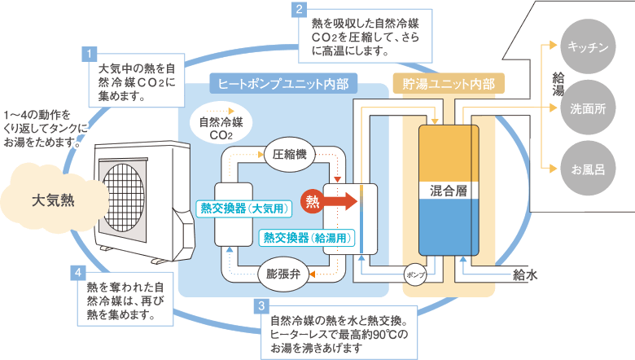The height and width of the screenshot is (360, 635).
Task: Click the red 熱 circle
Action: coord(311,200)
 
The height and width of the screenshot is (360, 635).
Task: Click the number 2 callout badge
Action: coord(300,11)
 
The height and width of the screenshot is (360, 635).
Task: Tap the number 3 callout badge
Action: coord(261,307)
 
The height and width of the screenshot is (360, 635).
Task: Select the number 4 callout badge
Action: coord(77,272)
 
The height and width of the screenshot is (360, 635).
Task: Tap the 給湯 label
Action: coord(558,84)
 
